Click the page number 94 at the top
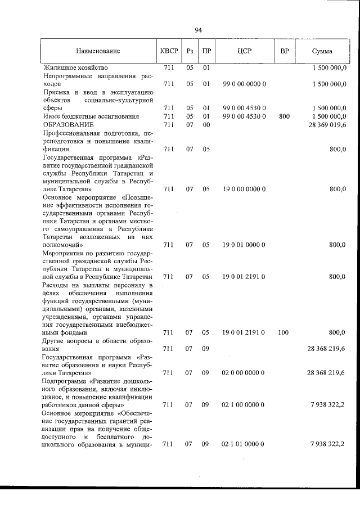(x=198, y=30)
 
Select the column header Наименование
(x=98, y=51)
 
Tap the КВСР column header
(x=169, y=51)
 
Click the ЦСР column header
(x=244, y=51)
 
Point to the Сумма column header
(x=322, y=51)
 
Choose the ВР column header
(x=285, y=51)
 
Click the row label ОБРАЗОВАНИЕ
(x=67, y=124)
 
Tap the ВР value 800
(x=284, y=116)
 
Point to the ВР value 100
(x=283, y=333)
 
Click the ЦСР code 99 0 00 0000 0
(x=244, y=84)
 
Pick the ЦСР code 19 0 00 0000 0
(x=244, y=190)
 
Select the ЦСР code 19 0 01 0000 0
(x=244, y=245)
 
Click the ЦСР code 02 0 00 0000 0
(x=244, y=373)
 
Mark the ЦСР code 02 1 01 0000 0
(x=244, y=444)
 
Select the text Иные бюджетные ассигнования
(x=83, y=116)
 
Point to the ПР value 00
(x=206, y=124)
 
